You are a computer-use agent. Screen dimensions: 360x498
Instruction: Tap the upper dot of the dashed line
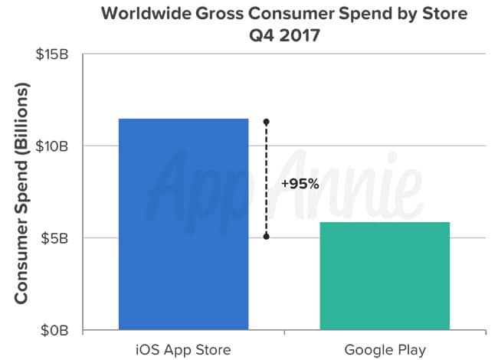(266, 122)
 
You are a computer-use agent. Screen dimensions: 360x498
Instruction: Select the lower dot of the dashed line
(266, 237)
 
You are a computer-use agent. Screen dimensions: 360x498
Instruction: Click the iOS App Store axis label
(183, 351)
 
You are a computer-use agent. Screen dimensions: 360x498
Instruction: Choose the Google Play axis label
(385, 351)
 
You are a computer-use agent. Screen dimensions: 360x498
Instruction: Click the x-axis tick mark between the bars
(284, 334)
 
